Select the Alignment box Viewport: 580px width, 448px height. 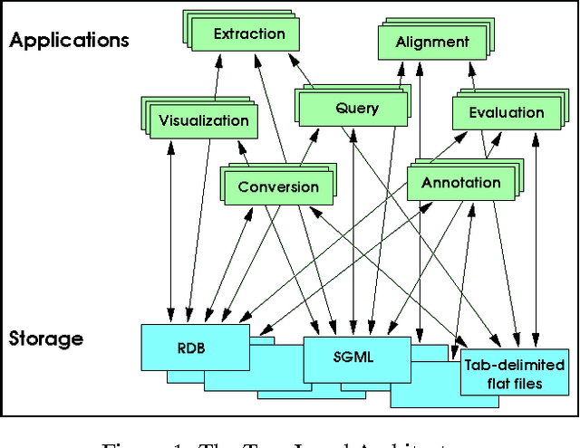(x=431, y=43)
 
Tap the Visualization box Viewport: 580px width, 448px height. (x=203, y=120)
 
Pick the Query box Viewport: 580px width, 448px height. (x=356, y=110)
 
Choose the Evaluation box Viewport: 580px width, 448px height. (x=506, y=113)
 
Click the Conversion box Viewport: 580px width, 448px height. (x=277, y=187)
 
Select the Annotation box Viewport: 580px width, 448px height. (x=460, y=183)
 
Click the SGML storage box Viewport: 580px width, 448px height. (x=353, y=357)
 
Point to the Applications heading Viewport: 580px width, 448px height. (x=69, y=40)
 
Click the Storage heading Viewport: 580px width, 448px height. (x=45, y=339)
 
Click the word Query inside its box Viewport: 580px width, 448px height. (x=356, y=110)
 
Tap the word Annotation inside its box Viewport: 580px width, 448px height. (x=460, y=183)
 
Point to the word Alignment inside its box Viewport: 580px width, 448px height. (x=431, y=43)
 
